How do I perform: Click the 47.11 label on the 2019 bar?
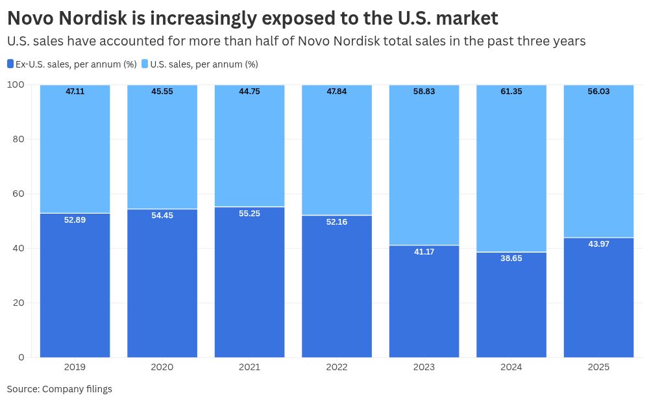(x=75, y=92)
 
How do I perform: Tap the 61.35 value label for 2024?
(x=511, y=92)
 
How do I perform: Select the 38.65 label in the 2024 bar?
(x=511, y=258)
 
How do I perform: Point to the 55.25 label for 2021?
(x=249, y=213)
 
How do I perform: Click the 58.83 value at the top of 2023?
(x=424, y=92)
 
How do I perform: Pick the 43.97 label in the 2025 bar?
(x=598, y=244)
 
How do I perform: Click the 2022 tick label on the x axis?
(x=337, y=367)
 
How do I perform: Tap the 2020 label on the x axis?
(x=162, y=367)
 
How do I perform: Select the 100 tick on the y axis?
(x=16, y=84)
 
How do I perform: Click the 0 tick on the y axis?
(x=21, y=357)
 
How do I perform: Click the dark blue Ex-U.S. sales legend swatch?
(x=10, y=64)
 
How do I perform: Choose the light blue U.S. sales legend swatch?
(x=145, y=64)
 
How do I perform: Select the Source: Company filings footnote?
(x=60, y=389)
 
